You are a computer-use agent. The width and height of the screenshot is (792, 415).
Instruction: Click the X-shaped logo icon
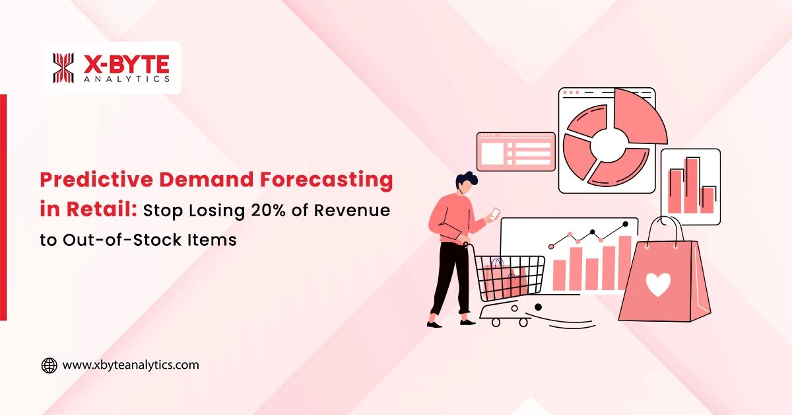(x=64, y=68)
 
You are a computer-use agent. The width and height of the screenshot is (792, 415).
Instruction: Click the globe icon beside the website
(x=49, y=365)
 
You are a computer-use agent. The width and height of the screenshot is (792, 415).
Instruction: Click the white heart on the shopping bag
(x=657, y=283)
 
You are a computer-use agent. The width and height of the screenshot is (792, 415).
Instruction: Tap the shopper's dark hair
(x=467, y=179)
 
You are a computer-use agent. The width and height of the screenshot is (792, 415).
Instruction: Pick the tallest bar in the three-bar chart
(x=692, y=185)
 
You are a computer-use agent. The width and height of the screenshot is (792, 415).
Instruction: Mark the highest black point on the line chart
(x=625, y=224)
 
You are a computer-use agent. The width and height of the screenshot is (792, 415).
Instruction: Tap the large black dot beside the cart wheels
(x=537, y=307)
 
